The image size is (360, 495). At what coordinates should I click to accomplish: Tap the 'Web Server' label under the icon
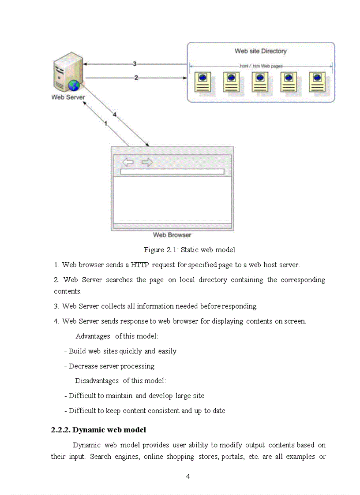point(68,97)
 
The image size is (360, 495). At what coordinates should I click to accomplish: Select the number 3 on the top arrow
point(135,64)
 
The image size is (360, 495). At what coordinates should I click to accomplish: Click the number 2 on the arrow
point(136,78)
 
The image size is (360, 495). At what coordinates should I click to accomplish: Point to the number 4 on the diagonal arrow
point(114,115)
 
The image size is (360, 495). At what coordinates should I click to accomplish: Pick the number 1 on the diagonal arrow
point(105,124)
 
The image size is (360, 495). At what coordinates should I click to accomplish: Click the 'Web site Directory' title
point(260,51)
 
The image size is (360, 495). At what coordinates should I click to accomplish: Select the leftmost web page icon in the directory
point(202,82)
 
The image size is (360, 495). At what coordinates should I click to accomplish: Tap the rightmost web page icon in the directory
point(317,82)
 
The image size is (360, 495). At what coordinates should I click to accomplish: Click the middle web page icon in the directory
point(260,82)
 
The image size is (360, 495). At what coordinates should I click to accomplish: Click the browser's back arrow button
point(128,162)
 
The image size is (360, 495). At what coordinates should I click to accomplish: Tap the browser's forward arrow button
point(147,162)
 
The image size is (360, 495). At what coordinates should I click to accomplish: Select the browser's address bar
point(172,171)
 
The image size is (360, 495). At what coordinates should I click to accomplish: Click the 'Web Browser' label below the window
point(172,235)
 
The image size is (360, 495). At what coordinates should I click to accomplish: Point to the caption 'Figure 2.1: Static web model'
point(189,250)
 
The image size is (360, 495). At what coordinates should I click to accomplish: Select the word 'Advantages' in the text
point(93,336)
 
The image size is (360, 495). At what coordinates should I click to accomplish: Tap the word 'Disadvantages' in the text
point(97,380)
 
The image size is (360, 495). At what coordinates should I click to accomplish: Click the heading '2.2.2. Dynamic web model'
point(98,429)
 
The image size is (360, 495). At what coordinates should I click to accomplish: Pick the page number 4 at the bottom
point(188,476)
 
